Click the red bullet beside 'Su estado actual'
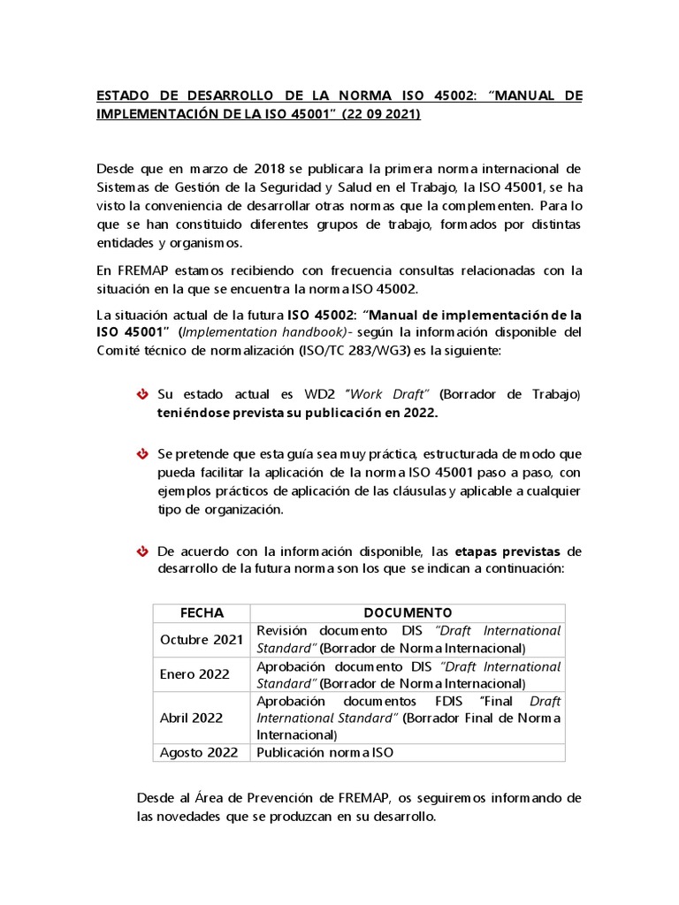point(141,393)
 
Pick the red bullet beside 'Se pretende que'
point(141,453)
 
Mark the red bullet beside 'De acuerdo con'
point(141,551)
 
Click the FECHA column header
point(202,612)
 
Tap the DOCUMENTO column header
point(408,612)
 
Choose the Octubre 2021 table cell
point(201,640)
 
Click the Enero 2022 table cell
point(195,674)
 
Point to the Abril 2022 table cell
point(191,718)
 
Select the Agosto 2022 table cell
point(199,753)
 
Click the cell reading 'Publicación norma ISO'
point(324,753)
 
